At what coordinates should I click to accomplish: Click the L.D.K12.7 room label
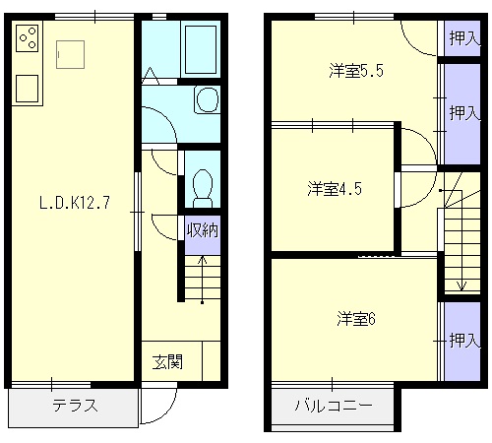point(75,203)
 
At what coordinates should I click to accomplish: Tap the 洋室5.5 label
point(356,71)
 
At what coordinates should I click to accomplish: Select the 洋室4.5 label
point(335,189)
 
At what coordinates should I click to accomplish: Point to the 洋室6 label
point(356,319)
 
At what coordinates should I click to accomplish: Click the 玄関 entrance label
point(167,362)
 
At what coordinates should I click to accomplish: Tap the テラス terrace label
point(75,406)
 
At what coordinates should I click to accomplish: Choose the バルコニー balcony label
point(334,406)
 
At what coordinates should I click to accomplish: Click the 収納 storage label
point(203,230)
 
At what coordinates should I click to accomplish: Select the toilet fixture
point(203,188)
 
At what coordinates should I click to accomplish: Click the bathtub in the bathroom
point(201,49)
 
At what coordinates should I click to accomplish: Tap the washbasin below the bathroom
point(208,99)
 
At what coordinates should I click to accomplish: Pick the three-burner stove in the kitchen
point(28,38)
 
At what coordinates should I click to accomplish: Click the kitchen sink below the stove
point(27,89)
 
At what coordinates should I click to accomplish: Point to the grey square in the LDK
point(70,54)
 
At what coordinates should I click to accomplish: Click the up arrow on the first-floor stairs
point(203,280)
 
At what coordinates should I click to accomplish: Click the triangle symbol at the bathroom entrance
point(151,76)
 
